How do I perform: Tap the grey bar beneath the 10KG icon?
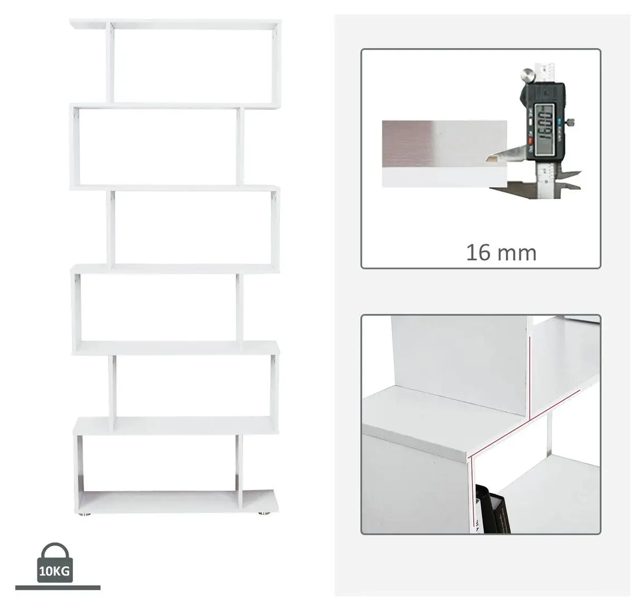[x=57, y=587]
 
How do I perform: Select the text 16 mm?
[x=501, y=253]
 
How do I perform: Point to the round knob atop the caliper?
[x=527, y=74]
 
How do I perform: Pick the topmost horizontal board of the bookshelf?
[x=175, y=25]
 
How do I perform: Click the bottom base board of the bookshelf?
[x=176, y=501]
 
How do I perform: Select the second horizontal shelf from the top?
[x=175, y=106]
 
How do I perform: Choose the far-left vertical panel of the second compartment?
[x=74, y=146]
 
